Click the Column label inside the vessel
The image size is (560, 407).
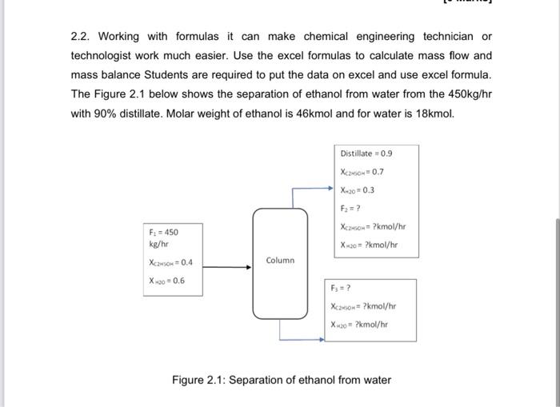pyautogui.click(x=280, y=261)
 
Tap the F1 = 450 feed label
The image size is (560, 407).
pyautogui.click(x=162, y=231)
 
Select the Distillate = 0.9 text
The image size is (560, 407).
pyautogui.click(x=366, y=154)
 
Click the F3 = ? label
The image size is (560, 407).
pyautogui.click(x=342, y=288)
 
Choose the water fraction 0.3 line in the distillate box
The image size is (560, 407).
pyautogui.click(x=358, y=190)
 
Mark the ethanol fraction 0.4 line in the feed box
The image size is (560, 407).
pyautogui.click(x=171, y=262)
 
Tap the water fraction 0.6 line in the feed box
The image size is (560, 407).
pyautogui.click(x=166, y=281)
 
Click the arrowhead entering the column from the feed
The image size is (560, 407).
pyautogui.click(x=248, y=268)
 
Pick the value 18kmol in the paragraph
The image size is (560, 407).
pyautogui.click(x=431, y=113)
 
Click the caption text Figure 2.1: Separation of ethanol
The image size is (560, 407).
pyautogui.click(x=282, y=380)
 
